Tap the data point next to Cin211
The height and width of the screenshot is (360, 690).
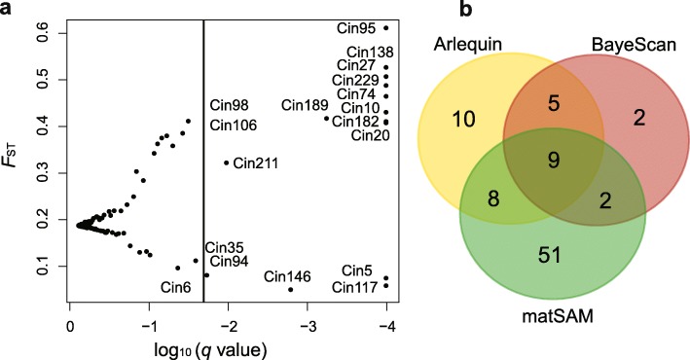coord(227,162)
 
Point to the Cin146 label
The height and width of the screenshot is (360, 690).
coord(287,276)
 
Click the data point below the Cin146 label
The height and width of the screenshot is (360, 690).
coord(290,289)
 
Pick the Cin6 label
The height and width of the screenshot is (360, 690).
coord(179,286)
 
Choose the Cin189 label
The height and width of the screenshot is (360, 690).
coord(305,105)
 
